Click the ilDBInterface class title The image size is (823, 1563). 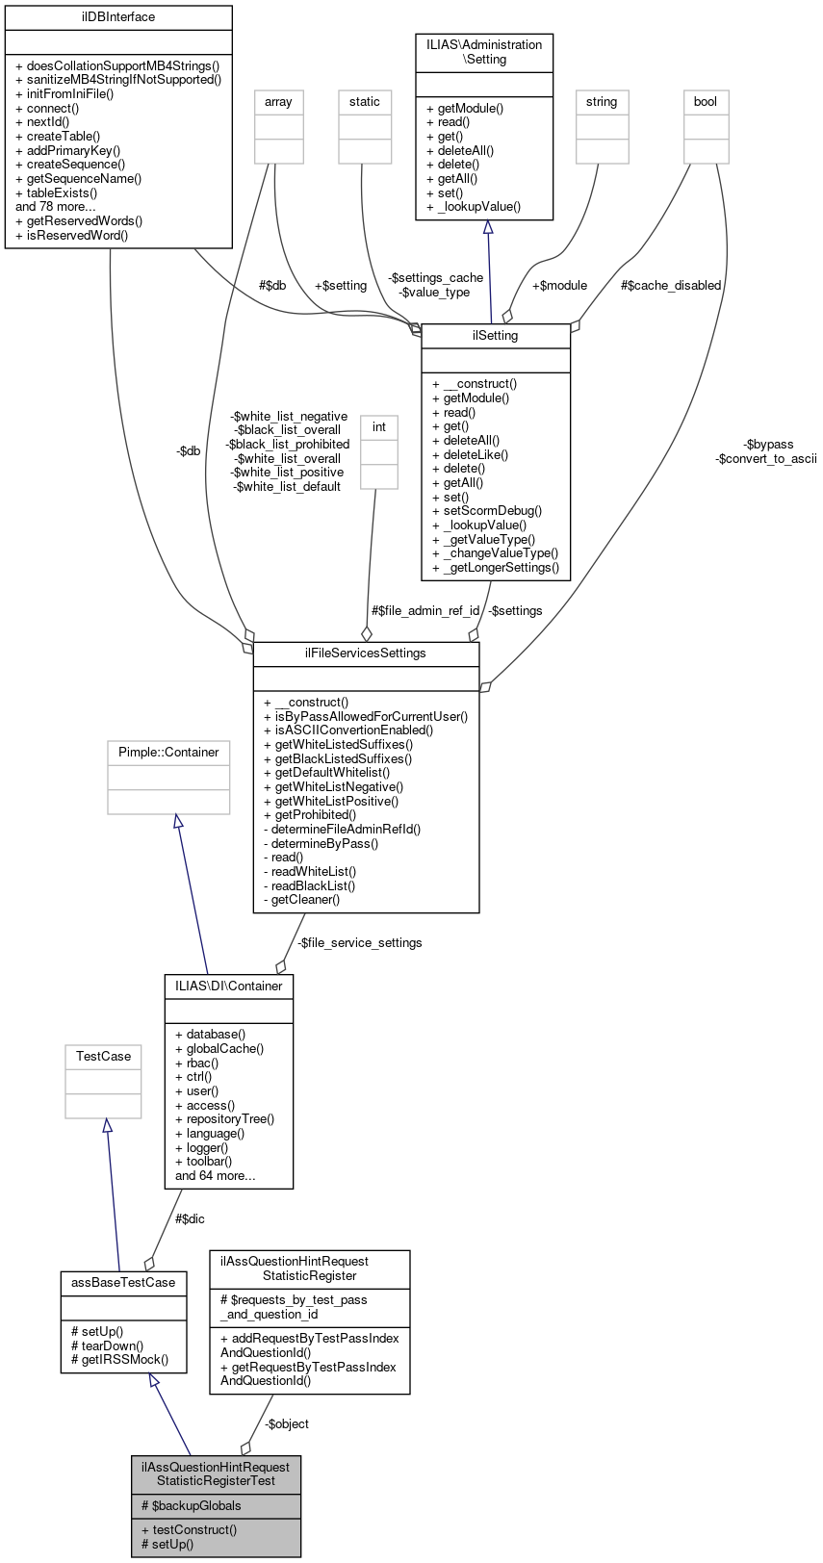point(118,17)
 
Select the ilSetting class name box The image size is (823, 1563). point(496,336)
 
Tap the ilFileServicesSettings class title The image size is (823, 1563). point(366,653)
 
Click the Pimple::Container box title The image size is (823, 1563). point(168,753)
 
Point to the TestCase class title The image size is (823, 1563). point(103,1057)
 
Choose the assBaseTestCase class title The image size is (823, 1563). point(123,1283)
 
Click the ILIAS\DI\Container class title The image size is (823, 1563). point(229,986)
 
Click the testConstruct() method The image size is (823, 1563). point(189,1529)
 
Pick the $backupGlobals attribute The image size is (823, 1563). point(191,1506)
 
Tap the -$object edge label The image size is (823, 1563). point(287,1424)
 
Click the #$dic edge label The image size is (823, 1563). point(190,1219)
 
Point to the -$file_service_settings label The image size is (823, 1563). point(359,943)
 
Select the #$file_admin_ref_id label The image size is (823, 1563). point(425,611)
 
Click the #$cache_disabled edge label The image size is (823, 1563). point(671,286)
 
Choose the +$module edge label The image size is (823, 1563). point(559,286)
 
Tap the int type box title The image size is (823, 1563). point(379,427)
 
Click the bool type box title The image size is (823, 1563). point(706,102)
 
